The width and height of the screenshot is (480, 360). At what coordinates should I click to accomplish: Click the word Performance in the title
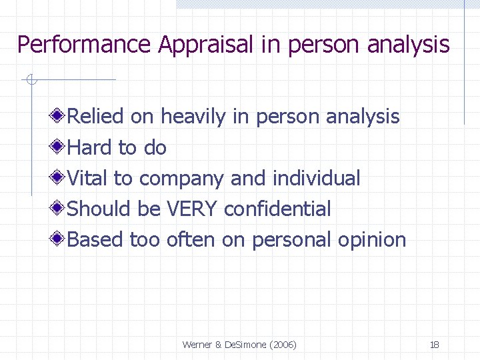tap(84, 45)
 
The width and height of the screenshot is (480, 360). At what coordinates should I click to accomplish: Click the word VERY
tap(192, 209)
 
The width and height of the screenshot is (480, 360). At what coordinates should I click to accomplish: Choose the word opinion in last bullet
tap(372, 241)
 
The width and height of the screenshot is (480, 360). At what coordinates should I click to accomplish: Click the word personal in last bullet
tap(291, 240)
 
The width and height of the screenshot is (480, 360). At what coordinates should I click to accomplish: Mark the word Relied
tap(96, 117)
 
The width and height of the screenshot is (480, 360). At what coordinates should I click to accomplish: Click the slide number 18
tap(434, 345)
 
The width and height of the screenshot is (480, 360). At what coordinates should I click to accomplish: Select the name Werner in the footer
tap(197, 345)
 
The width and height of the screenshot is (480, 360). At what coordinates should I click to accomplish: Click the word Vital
tap(87, 178)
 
